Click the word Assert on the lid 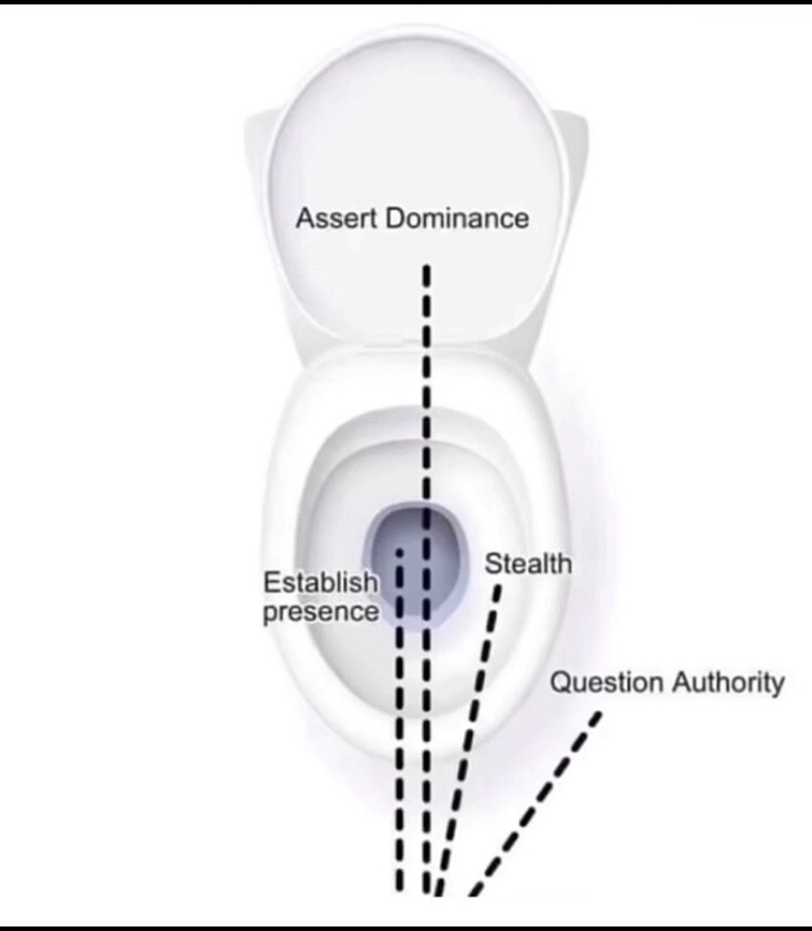click(338, 218)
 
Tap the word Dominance click(457, 218)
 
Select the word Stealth click(528, 563)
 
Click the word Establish click(320, 582)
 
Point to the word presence click(320, 611)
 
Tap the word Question click(607, 683)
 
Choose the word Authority click(728, 683)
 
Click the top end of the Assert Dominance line click(426, 269)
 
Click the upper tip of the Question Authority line click(598, 716)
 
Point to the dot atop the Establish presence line click(400, 552)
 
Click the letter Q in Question click(561, 683)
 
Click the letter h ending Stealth click(562, 563)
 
